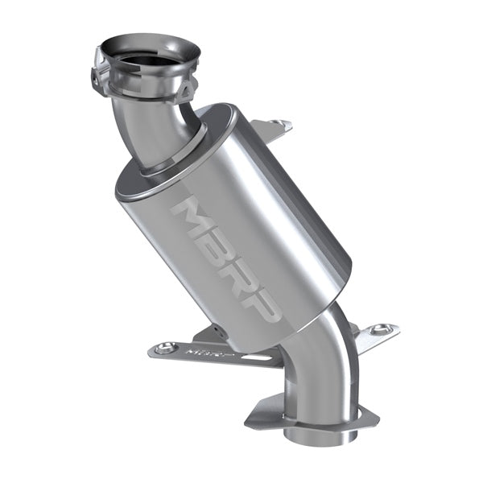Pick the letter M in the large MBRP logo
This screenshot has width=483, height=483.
(x=192, y=218)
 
